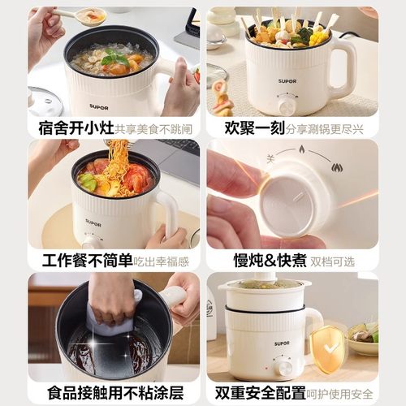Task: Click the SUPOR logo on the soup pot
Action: pos(98,106)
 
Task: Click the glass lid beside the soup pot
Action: pos(45,102)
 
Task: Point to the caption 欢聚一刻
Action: pos(240,127)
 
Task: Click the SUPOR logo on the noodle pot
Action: pos(93,222)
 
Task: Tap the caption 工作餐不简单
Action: pos(83,261)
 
